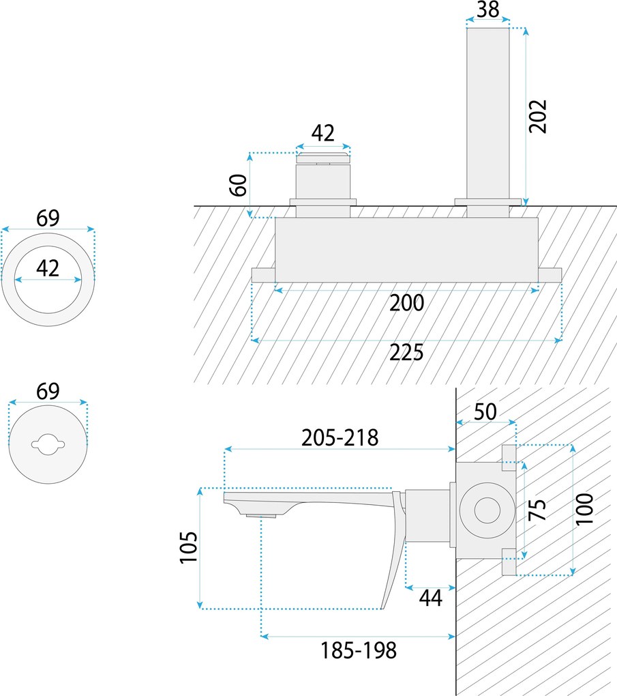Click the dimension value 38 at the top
coord(488,10)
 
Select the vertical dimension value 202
coord(538,116)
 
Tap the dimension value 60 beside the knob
coord(238,185)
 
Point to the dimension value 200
coord(406,303)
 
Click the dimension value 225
coord(406,353)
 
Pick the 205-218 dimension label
coord(340,437)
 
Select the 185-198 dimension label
coord(358,650)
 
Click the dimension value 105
coord(189,548)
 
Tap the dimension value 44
coord(430,598)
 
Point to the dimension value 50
coord(485,411)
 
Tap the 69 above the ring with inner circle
coord(48,218)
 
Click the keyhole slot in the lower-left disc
coord(48,445)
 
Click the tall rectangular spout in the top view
coord(487,113)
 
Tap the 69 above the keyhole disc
coord(48,392)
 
